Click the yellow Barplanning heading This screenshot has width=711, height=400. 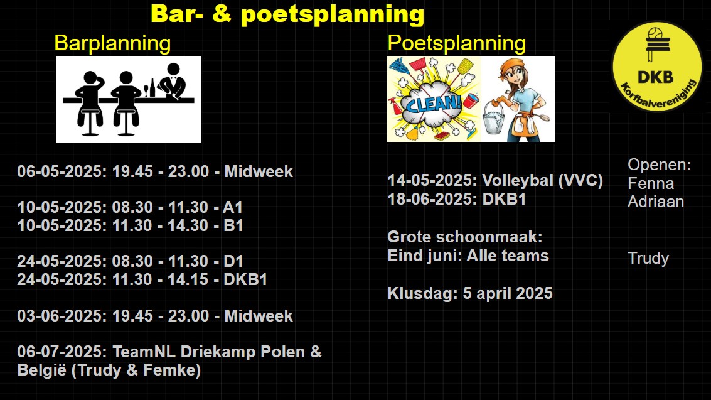click(x=112, y=44)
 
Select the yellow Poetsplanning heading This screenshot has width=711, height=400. click(x=457, y=44)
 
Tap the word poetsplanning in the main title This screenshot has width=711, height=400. click(x=333, y=14)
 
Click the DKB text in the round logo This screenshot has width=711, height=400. click(x=655, y=77)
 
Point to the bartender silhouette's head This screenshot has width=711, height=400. click(x=173, y=69)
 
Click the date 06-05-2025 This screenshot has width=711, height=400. click(x=61, y=171)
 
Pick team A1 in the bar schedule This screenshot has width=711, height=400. click(x=233, y=207)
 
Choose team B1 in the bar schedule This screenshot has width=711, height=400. click(x=233, y=225)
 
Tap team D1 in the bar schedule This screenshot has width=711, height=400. click(x=233, y=261)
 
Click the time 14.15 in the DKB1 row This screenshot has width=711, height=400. click(x=188, y=279)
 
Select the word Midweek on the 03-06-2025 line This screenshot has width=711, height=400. click(x=259, y=316)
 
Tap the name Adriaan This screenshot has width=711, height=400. click(x=656, y=202)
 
